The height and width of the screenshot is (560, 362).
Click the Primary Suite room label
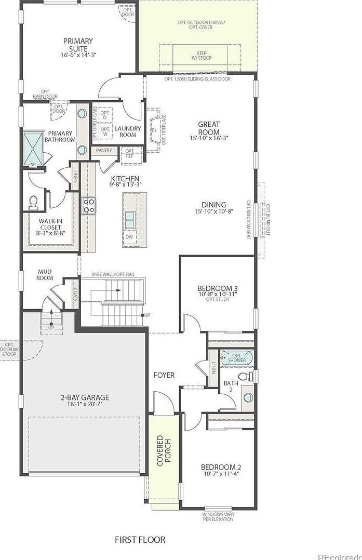coord(78,45)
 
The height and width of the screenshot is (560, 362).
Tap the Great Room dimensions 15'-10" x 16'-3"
coord(208,138)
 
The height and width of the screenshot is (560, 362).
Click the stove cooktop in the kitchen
coord(89,206)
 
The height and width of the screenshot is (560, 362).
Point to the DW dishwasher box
coord(129,236)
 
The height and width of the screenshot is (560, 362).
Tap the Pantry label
coord(104,151)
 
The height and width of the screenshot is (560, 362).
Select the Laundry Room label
coord(127,131)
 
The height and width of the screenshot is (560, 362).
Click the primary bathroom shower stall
coord(33,148)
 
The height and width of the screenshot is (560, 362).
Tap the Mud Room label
coord(45,274)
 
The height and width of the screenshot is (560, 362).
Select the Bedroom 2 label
coord(221,470)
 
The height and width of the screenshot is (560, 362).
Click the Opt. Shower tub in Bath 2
coord(236,357)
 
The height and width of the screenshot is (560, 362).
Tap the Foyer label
coord(164,375)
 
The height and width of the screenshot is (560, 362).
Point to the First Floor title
coord(140,540)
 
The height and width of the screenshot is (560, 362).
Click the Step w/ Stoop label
coord(202,56)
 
